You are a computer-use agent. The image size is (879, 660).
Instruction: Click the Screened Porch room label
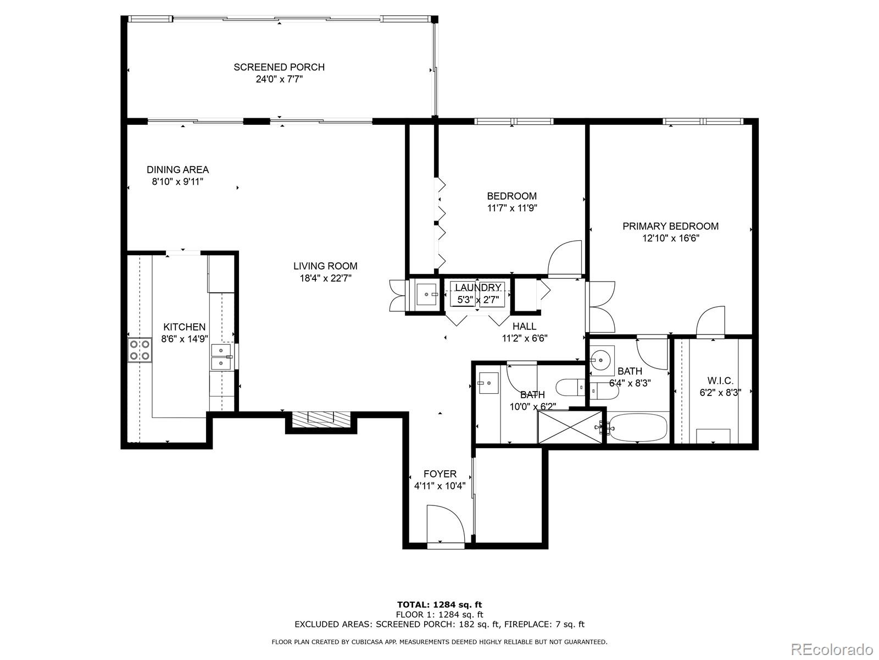(x=279, y=67)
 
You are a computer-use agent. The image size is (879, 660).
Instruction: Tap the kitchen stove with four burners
(x=140, y=350)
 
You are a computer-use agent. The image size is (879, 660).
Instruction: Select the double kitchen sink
(x=221, y=357)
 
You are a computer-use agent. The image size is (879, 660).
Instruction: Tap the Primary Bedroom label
(x=670, y=226)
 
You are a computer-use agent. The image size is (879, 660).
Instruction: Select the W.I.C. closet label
(x=720, y=381)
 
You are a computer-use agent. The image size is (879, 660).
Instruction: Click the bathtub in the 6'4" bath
(x=638, y=427)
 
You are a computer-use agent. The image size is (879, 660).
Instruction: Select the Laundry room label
(x=477, y=288)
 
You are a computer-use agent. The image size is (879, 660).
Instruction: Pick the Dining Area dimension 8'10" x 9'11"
(x=177, y=182)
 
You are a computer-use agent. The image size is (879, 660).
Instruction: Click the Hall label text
(x=524, y=326)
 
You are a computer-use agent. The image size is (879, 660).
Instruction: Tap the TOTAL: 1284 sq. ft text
(x=439, y=605)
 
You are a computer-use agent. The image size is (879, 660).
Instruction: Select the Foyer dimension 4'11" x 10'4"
(x=439, y=486)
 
